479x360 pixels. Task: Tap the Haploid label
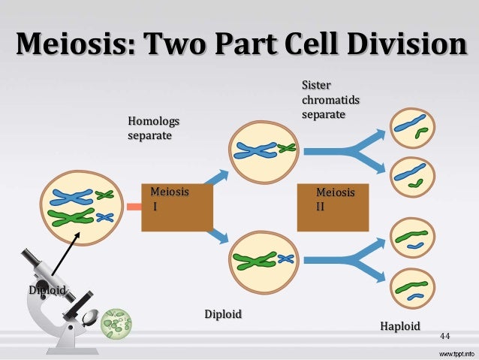point(400,326)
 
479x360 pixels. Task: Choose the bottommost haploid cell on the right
point(411,288)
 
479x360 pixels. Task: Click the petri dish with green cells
point(116,323)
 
